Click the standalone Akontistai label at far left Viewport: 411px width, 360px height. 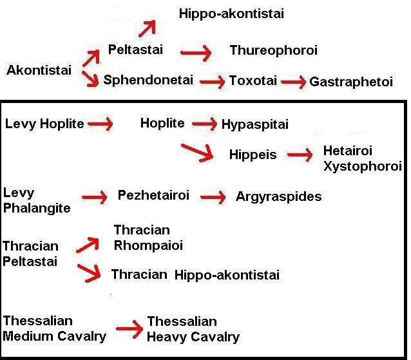click(x=39, y=70)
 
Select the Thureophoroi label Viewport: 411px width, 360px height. click(x=274, y=50)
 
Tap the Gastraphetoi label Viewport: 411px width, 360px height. click(x=351, y=82)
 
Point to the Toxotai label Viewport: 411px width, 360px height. click(x=253, y=82)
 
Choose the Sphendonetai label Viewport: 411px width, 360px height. click(x=149, y=82)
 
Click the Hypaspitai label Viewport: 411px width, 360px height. click(x=255, y=124)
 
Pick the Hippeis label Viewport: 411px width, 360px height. click(x=253, y=155)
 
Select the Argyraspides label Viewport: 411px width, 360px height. click(x=278, y=196)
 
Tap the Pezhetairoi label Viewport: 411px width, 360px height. click(x=153, y=195)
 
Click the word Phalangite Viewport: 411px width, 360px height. click(x=37, y=207)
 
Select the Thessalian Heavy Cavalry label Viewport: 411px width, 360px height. click(x=193, y=329)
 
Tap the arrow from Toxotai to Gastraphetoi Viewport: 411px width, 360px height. click(x=294, y=82)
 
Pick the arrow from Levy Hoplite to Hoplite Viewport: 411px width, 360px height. click(x=100, y=123)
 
